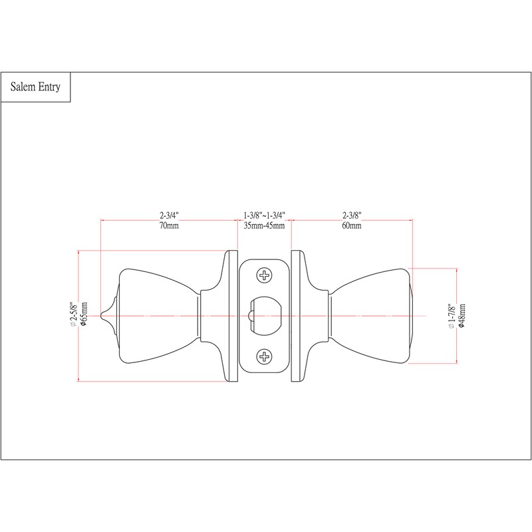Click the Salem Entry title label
[x=35, y=87]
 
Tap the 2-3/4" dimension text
[x=169, y=215]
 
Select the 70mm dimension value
[x=169, y=225]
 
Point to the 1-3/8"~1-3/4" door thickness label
[x=264, y=215]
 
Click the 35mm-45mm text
[x=264, y=225]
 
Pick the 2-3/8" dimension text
[x=352, y=215]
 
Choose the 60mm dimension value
[x=352, y=225]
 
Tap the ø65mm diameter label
[x=84, y=315]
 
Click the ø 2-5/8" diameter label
[x=74, y=315]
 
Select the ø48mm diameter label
[x=462, y=315]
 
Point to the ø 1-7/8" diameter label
[x=452, y=316]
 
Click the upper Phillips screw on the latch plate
[x=264, y=275]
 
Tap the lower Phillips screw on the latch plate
[x=264, y=356]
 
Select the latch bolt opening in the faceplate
[x=265, y=315]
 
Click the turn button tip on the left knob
[x=102, y=315]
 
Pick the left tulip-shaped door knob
[x=159, y=316]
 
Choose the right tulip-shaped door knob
[x=370, y=316]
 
